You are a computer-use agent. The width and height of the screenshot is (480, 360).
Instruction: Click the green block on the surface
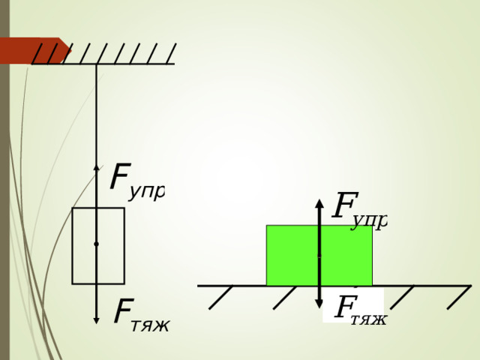pyautogui.click(x=319, y=255)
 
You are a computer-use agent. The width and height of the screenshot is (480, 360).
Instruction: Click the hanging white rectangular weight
pyautogui.click(x=98, y=246)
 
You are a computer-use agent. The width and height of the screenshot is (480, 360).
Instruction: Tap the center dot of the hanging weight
pyautogui.click(x=96, y=244)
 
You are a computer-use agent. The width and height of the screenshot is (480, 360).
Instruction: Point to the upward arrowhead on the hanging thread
pyautogui.click(x=96, y=168)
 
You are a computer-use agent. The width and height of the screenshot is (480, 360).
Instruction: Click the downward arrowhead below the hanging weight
pyautogui.click(x=96, y=320)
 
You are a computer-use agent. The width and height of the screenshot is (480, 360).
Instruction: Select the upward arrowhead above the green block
pyautogui.click(x=319, y=203)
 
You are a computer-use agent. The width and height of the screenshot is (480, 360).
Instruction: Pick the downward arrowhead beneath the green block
pyautogui.click(x=319, y=304)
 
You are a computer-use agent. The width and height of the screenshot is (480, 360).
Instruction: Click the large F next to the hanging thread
pyautogui.click(x=120, y=176)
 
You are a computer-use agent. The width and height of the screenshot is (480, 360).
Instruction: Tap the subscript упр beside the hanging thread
pyautogui.click(x=147, y=193)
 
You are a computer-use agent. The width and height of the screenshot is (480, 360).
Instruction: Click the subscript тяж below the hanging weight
pyautogui.click(x=150, y=326)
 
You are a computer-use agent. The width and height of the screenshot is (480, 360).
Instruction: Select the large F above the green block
pyautogui.click(x=345, y=205)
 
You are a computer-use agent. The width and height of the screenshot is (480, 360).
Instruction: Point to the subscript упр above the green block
pyautogui.click(x=369, y=222)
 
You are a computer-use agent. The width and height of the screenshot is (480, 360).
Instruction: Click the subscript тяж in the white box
pyautogui.click(x=368, y=319)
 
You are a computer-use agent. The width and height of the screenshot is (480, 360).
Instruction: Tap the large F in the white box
pyautogui.click(x=346, y=307)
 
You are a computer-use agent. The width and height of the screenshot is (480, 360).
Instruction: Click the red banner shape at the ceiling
pyautogui.click(x=34, y=50)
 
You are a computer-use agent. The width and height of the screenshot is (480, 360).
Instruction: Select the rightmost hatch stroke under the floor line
pyautogui.click(x=459, y=297)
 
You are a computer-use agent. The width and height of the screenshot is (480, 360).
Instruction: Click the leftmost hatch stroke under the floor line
pyautogui.click(x=220, y=297)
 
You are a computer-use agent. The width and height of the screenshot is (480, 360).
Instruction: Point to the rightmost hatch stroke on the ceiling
pyautogui.click(x=171, y=53)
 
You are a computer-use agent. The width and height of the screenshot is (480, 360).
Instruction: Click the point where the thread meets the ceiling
pyautogui.click(x=96, y=64)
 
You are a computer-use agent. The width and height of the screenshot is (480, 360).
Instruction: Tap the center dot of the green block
pyautogui.click(x=319, y=256)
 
